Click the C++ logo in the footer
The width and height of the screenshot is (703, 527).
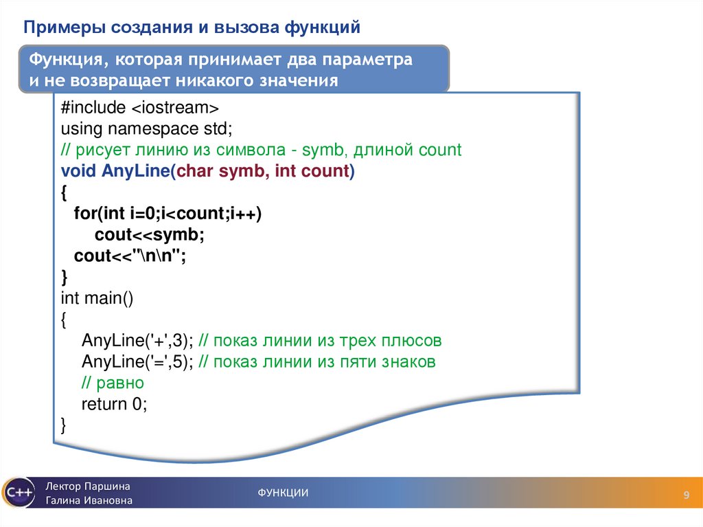click(18, 492)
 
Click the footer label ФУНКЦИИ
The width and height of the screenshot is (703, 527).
click(283, 493)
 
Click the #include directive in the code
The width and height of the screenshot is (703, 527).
click(93, 107)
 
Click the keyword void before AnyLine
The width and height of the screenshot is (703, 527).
click(78, 171)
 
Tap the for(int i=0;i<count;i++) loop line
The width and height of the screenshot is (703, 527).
click(168, 214)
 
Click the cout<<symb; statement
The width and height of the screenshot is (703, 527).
click(150, 235)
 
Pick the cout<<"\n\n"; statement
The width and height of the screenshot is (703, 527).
click(130, 256)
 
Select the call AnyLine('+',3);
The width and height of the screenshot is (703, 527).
click(137, 341)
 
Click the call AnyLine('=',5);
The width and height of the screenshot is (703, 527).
click(137, 362)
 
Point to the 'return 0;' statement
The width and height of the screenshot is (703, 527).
click(114, 404)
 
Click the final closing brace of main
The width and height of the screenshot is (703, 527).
click(64, 425)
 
